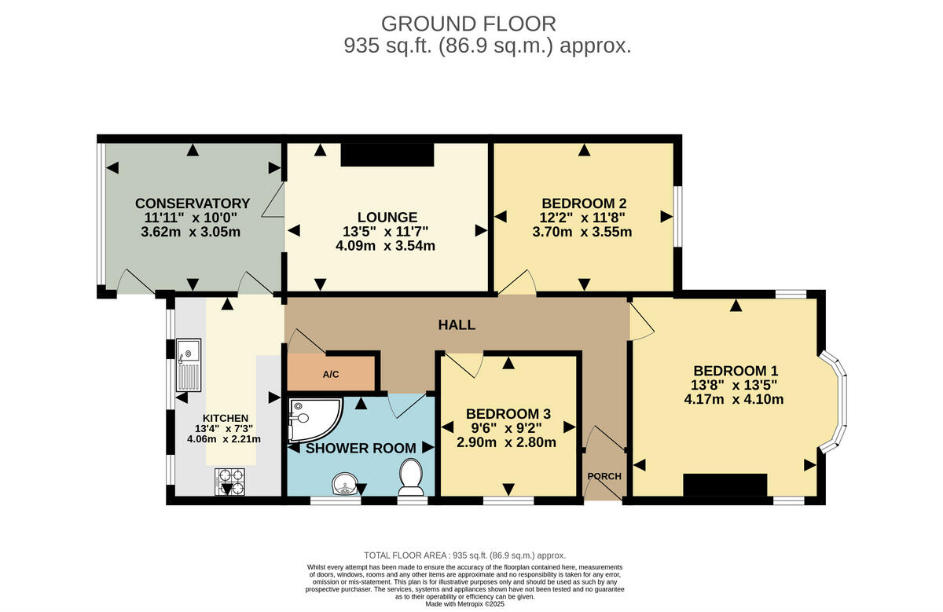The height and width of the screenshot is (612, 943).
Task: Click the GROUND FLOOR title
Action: pyautogui.click(x=468, y=24)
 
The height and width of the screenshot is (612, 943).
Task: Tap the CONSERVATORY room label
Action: pyautogui.click(x=193, y=203)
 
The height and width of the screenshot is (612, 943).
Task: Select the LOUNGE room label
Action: pyautogui.click(x=387, y=217)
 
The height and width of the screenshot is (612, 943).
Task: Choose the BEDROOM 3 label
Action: pyautogui.click(x=508, y=414)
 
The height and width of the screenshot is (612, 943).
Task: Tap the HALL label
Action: pyautogui.click(x=457, y=324)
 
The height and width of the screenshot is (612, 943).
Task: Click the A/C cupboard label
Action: pyautogui.click(x=331, y=374)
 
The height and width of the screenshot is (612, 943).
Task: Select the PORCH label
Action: pyautogui.click(x=604, y=476)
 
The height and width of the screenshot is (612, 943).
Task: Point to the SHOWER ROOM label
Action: pyautogui.click(x=361, y=448)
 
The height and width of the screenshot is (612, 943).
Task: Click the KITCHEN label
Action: pyautogui.click(x=226, y=418)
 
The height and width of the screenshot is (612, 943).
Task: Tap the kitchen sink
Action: pyautogui.click(x=189, y=365)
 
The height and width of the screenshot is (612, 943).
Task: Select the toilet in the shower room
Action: pyautogui.click(x=410, y=477)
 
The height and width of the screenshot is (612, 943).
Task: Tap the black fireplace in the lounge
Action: pyautogui.click(x=387, y=155)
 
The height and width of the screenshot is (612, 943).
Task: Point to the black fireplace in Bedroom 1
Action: pyautogui.click(x=725, y=485)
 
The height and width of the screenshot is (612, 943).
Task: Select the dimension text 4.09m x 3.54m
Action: pyautogui.click(x=385, y=245)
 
